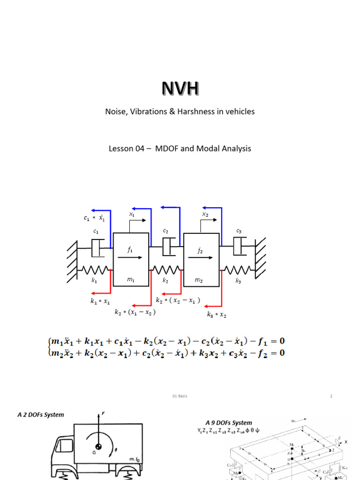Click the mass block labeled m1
coord(131,259)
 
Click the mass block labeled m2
coord(201,259)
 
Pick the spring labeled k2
coord(165,270)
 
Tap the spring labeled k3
coord(238,270)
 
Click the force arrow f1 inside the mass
coord(131,257)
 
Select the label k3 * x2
coord(217,315)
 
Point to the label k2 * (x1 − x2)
coord(135,312)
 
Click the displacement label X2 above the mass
coord(205,214)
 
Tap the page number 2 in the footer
coord(331,396)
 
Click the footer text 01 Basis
coord(180,396)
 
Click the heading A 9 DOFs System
coord(228,422)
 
